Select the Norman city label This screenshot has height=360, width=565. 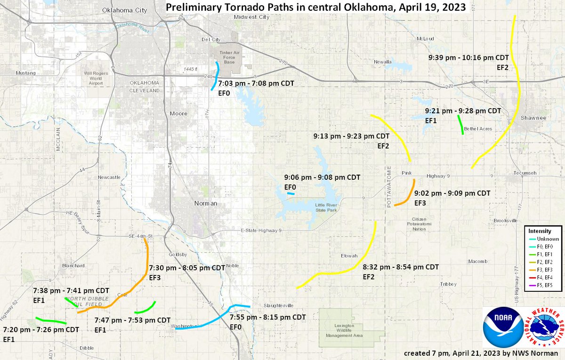pos(206,203)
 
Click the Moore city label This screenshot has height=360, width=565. pos(178,113)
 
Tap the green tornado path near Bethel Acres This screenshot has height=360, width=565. pos(460,125)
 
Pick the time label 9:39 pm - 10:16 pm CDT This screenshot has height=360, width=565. pos(468,57)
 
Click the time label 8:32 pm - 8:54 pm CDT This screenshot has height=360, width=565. pos(401,267)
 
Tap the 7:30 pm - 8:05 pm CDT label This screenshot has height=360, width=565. pos(187,267)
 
